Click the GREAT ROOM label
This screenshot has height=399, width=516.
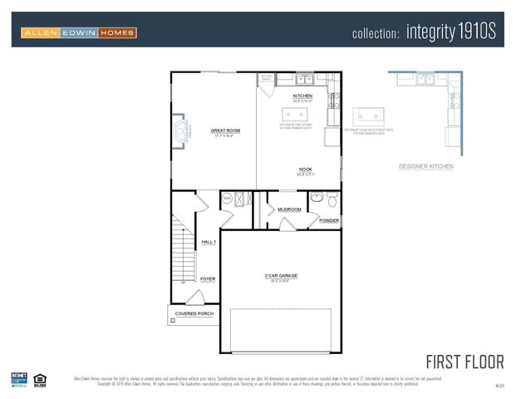[x=224, y=131]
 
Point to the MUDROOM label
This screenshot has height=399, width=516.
[x=289, y=209]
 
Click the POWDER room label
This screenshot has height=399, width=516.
[x=329, y=221]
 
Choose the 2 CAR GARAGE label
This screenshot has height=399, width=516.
[x=280, y=275]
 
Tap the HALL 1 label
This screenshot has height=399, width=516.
[x=209, y=242]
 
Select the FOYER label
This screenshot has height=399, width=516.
[x=208, y=279]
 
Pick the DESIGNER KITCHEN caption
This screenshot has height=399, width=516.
[x=425, y=166]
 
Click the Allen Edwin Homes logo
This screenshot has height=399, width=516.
[x=79, y=32]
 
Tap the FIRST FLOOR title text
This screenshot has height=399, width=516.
[x=464, y=362]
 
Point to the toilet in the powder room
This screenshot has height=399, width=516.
[x=332, y=199]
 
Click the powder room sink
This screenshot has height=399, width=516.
[x=316, y=199]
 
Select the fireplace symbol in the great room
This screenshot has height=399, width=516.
[x=179, y=131]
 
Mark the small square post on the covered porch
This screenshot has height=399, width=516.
[x=172, y=320]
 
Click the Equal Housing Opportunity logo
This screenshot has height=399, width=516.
[x=39, y=379]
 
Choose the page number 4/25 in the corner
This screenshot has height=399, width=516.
[x=499, y=387]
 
